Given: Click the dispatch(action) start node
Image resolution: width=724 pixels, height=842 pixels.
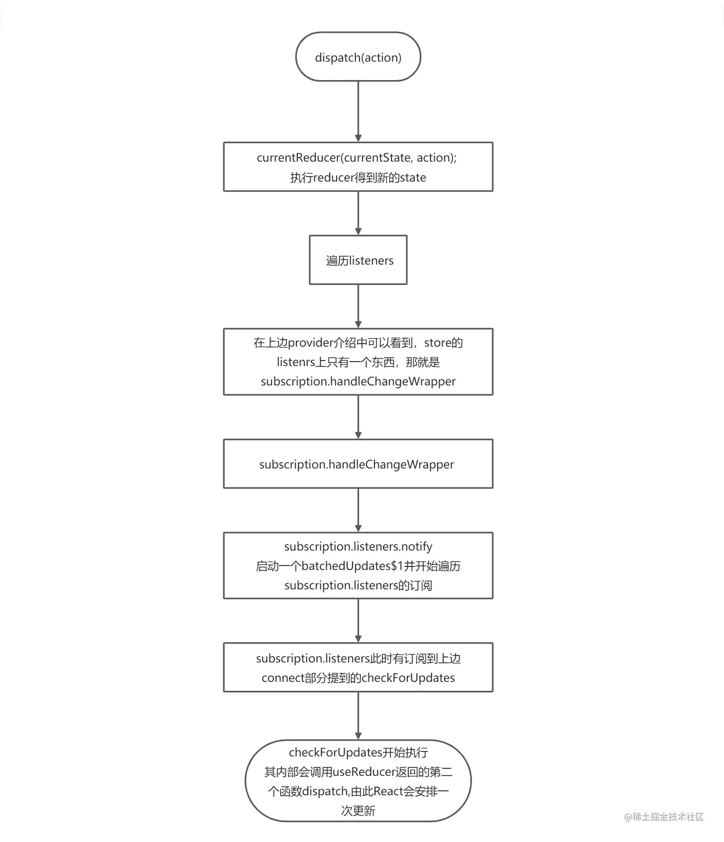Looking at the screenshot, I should click(358, 57).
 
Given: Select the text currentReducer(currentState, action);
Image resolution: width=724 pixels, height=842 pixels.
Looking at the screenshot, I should click(357, 158).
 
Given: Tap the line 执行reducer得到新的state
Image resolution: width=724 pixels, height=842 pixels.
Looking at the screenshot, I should click(358, 178).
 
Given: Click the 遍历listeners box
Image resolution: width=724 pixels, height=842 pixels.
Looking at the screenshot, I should click(358, 260).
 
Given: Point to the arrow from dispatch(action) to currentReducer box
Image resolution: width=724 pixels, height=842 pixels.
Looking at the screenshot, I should click(358, 111).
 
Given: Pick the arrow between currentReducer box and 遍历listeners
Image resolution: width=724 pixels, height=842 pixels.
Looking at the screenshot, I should click(358, 213).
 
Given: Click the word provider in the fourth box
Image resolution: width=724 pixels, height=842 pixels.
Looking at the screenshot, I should click(310, 343).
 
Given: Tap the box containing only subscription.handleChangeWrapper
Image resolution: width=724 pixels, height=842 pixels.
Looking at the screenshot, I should click(358, 464).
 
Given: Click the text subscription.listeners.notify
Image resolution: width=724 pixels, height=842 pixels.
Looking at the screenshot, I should click(358, 547).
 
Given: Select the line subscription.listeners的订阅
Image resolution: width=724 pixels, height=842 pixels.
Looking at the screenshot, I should click(358, 585).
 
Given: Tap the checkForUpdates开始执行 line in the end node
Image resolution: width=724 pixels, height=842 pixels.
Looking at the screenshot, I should click(358, 752).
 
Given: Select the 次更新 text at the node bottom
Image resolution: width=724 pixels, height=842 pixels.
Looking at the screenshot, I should click(358, 811).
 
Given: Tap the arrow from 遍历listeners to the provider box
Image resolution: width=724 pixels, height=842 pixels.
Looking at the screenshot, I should click(358, 306).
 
